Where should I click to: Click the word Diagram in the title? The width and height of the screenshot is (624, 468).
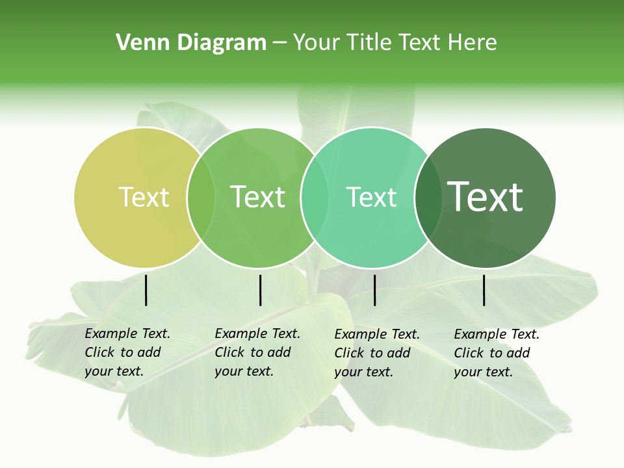pyautogui.click(x=221, y=43)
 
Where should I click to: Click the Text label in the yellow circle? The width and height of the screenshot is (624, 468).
pyautogui.click(x=144, y=197)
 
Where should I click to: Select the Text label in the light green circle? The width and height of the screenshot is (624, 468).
pyautogui.click(x=258, y=197)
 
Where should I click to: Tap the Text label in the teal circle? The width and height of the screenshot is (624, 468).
pyautogui.click(x=371, y=197)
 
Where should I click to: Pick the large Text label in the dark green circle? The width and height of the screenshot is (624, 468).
pyautogui.click(x=486, y=196)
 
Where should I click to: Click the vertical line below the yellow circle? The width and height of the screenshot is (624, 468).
pyautogui.click(x=146, y=290)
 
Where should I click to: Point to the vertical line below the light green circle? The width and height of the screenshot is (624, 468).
pyautogui.click(x=260, y=290)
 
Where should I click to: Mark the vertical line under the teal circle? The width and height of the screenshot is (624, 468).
pyautogui.click(x=375, y=290)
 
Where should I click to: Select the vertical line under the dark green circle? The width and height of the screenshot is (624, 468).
pyautogui.click(x=484, y=290)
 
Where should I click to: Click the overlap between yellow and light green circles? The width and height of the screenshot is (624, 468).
pyautogui.click(x=201, y=197)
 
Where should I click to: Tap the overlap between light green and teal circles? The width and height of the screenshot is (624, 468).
pyautogui.click(x=315, y=197)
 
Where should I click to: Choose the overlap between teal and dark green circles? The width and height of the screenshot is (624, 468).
pyautogui.click(x=426, y=197)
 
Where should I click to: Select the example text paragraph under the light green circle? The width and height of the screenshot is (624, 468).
pyautogui.click(x=257, y=352)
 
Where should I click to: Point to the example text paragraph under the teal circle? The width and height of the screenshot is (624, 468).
pyautogui.click(x=376, y=353)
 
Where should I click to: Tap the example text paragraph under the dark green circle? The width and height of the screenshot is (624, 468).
pyautogui.click(x=496, y=353)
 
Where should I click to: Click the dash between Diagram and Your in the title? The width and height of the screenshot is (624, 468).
pyautogui.click(x=279, y=44)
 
